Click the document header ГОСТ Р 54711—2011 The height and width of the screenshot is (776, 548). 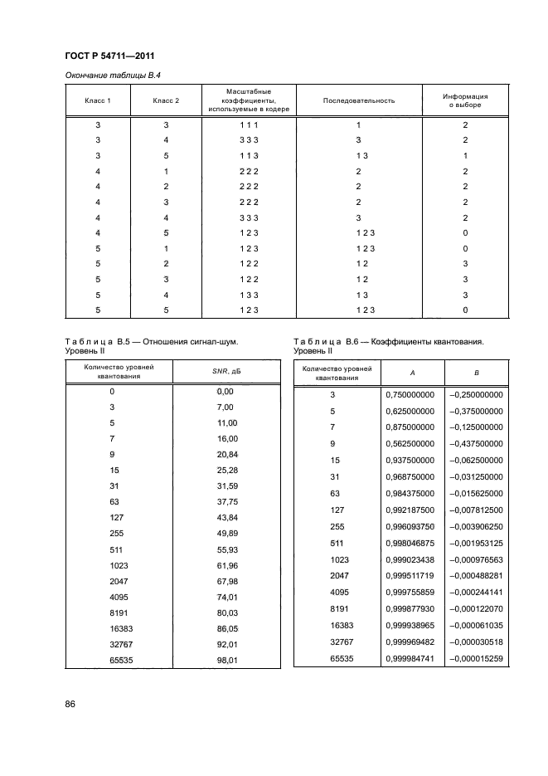111,56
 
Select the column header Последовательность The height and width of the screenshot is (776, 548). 358,100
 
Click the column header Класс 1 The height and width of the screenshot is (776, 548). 98,100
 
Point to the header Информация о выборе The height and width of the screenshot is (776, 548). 465,100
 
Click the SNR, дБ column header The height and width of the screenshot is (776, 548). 226,371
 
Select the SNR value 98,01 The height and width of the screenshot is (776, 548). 226,660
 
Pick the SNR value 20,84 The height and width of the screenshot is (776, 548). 226,454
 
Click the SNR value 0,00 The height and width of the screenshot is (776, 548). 226,390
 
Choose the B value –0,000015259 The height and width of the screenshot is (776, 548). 475,659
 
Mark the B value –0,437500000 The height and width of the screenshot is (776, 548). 475,443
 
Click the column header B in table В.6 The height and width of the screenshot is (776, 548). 475,373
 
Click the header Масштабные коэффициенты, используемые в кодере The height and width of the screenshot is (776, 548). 250,100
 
